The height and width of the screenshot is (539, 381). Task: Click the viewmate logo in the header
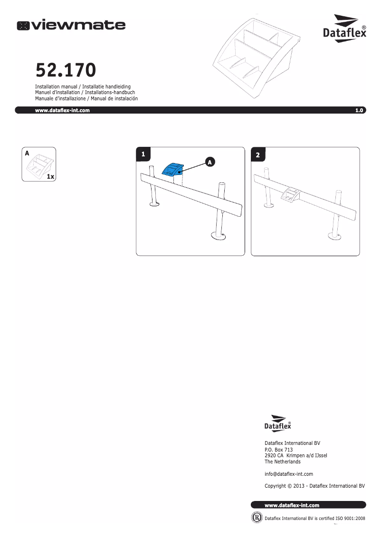72,25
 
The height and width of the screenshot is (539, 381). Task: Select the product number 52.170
66,70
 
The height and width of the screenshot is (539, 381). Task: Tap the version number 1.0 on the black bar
359,110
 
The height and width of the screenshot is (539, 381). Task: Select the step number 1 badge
143,154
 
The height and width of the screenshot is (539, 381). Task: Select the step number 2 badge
257,155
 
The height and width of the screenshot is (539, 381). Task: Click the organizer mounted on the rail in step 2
290,194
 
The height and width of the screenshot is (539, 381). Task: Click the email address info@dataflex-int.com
288,474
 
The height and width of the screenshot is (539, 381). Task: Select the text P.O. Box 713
278,450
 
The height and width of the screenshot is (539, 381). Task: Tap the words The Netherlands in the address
282,462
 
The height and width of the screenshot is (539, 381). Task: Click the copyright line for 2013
314,486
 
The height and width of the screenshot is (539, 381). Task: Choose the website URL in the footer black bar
292,505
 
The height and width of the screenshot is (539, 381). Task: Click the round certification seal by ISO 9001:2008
257,518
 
